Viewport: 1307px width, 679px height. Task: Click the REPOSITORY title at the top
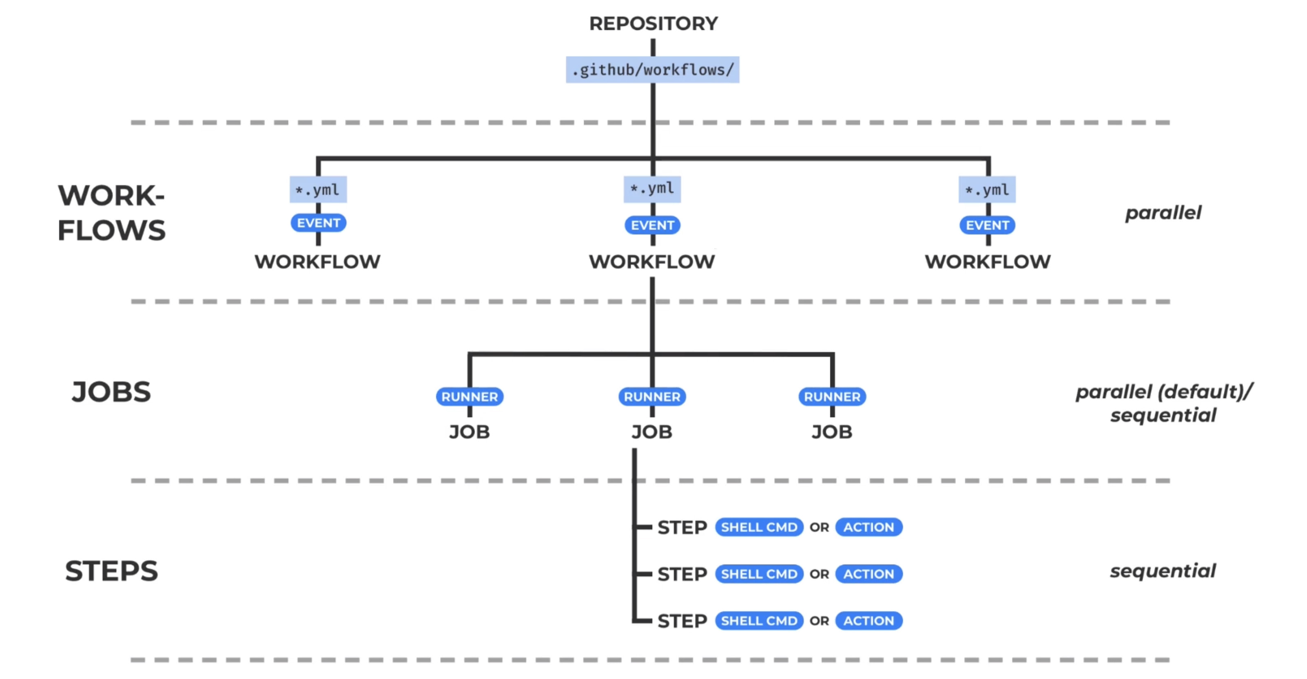click(x=653, y=23)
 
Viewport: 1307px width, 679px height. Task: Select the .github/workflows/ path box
click(x=653, y=69)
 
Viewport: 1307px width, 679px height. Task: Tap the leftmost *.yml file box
click(x=318, y=190)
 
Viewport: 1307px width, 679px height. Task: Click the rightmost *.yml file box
click(x=987, y=190)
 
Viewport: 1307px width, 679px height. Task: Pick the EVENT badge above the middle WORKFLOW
click(x=653, y=225)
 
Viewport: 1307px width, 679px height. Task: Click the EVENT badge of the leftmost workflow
click(x=318, y=223)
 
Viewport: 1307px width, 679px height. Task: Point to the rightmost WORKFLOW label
click(x=987, y=262)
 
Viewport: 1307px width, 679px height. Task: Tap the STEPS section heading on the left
click(x=112, y=571)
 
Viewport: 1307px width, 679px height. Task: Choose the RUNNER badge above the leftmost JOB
click(x=470, y=397)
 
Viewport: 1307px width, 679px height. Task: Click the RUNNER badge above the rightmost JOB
click(x=832, y=397)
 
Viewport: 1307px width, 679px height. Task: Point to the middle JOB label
click(x=652, y=432)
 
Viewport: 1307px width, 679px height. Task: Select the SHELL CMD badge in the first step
click(x=759, y=527)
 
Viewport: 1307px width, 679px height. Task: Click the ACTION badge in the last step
click(x=868, y=621)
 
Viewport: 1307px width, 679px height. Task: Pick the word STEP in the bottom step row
click(x=682, y=621)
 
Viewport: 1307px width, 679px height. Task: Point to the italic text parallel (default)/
click(x=1164, y=392)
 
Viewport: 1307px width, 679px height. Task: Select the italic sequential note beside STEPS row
click(x=1163, y=571)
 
